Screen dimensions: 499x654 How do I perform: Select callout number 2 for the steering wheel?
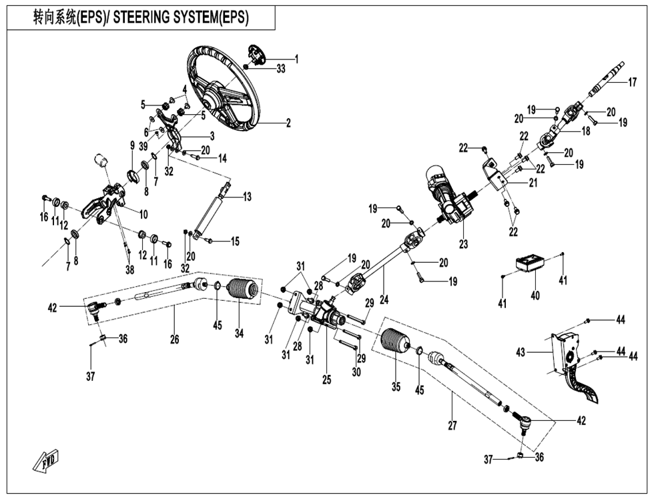pos(288,123)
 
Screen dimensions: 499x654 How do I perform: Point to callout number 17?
pos(633,83)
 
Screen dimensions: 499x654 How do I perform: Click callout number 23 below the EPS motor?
pos(463,244)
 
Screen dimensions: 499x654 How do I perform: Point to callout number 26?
pos(174,340)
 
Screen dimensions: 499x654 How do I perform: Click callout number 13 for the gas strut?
pos(247,197)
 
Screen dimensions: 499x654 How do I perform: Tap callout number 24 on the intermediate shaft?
pos(383,300)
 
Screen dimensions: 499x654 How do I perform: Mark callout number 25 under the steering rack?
pos(326,380)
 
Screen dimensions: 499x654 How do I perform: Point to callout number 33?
pos(280,69)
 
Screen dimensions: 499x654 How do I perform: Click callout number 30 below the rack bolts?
pos(356,372)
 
